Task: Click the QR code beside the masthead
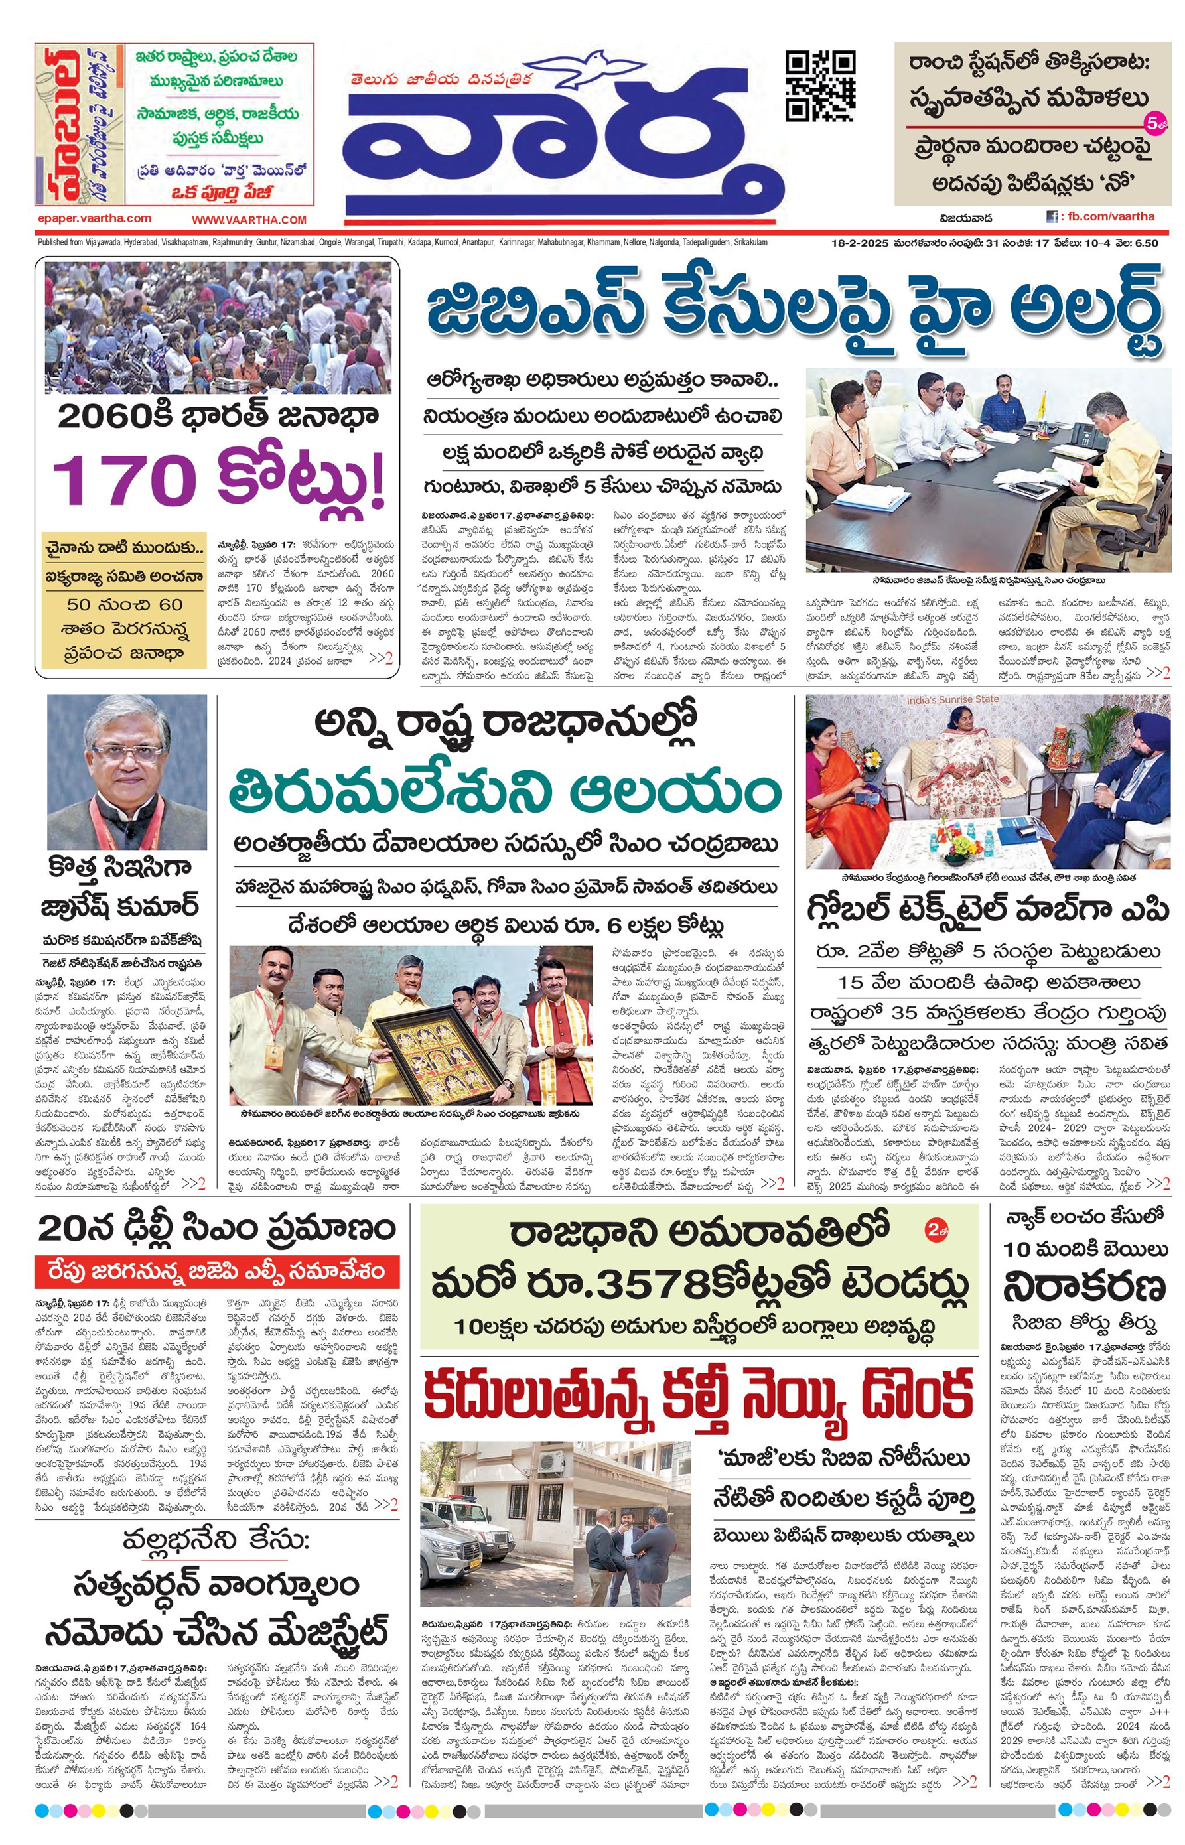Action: click(819, 86)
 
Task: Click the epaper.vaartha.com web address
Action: click(94, 218)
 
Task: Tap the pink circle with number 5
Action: click(1152, 121)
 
